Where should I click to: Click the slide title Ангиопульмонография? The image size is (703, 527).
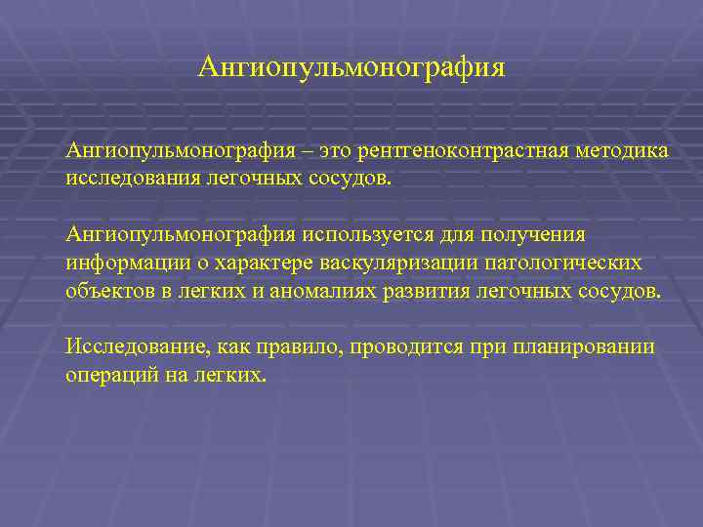tap(351, 67)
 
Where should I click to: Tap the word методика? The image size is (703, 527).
tap(620, 151)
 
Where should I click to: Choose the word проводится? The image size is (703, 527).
tap(389, 347)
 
